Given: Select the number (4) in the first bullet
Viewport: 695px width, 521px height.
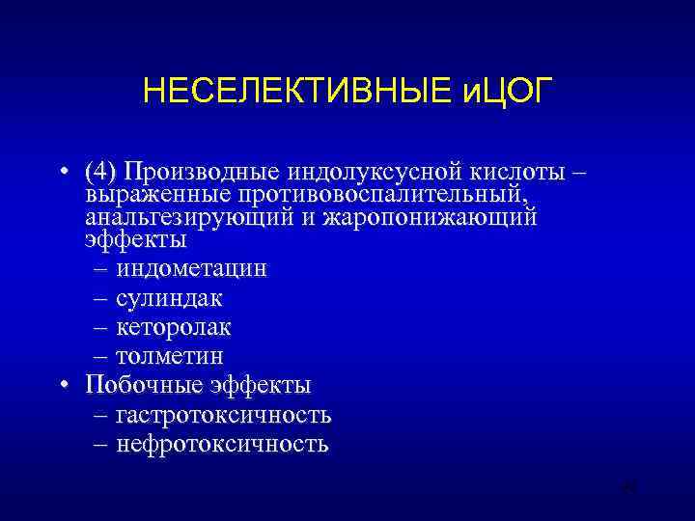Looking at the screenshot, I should [x=99, y=172].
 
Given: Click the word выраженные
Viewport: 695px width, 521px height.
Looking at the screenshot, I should [x=144, y=195].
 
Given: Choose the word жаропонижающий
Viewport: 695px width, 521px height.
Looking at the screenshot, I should [x=429, y=216].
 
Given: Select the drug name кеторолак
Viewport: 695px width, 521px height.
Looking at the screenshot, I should [x=174, y=327].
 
